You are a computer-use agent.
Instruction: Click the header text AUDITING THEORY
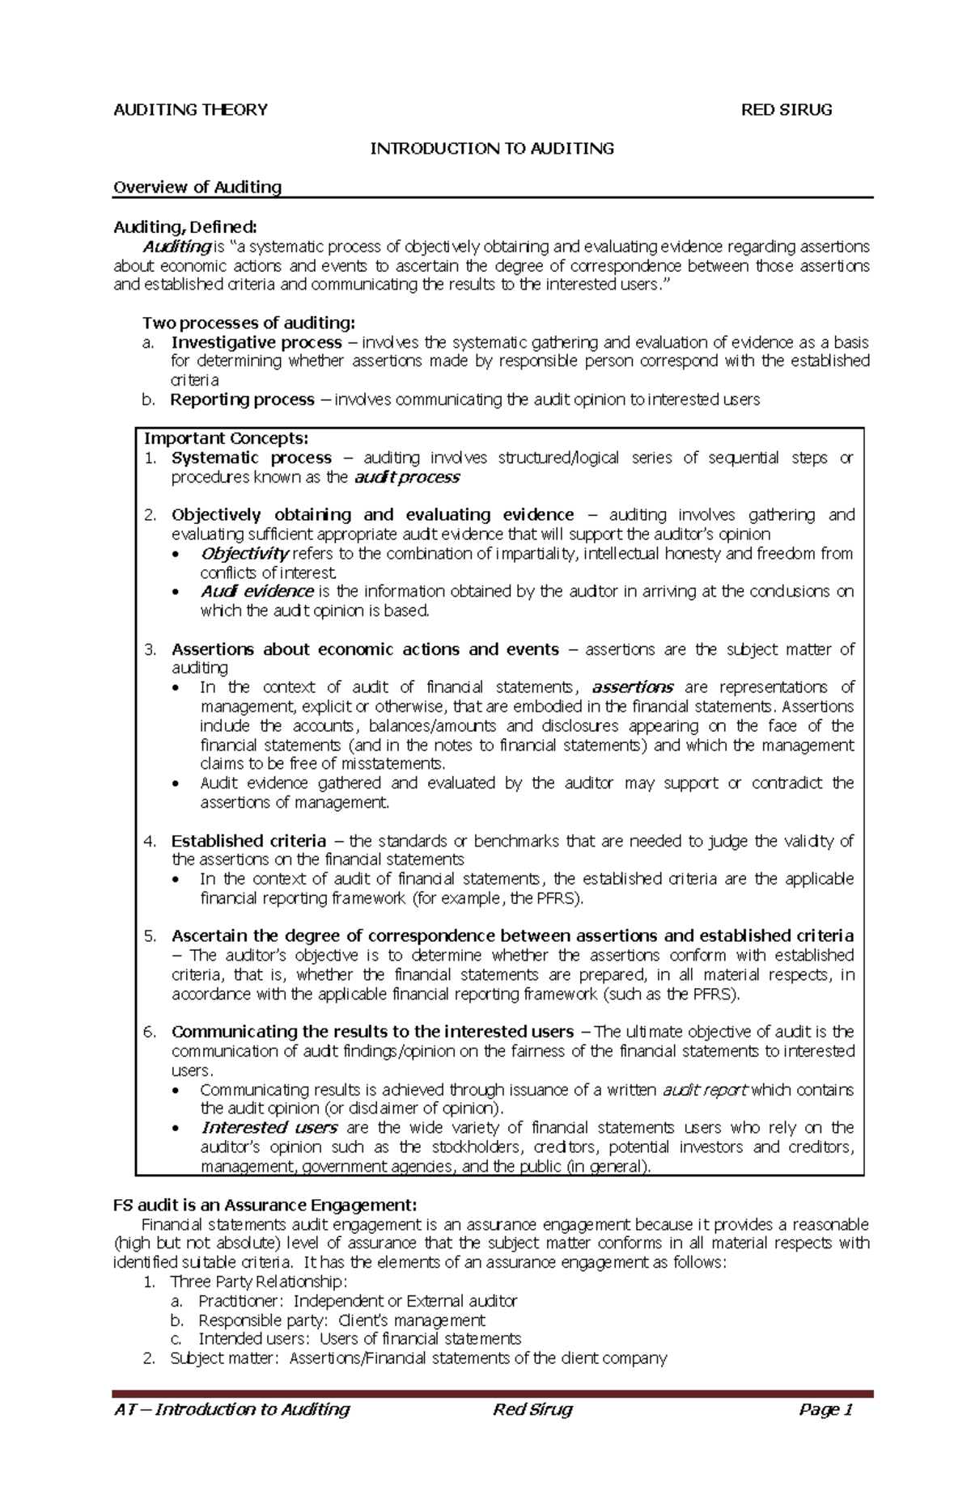[190, 110]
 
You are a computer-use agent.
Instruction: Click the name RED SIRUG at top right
[787, 110]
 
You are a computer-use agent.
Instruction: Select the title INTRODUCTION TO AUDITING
[492, 149]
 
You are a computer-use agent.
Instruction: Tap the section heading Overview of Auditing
[197, 188]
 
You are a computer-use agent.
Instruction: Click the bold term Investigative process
[257, 343]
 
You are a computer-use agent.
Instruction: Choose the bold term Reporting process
[242, 399]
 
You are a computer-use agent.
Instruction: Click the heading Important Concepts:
[226, 439]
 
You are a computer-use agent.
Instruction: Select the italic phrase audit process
[407, 478]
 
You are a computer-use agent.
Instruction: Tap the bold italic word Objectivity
[244, 554]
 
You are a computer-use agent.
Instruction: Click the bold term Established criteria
[248, 841]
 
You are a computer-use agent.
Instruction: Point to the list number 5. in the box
[150, 936]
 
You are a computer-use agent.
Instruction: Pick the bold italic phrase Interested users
[269, 1128]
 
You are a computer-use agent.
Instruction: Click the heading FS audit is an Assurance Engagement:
[265, 1206]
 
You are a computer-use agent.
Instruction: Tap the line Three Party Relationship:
[258, 1282]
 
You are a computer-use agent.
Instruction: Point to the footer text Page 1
[825, 1410]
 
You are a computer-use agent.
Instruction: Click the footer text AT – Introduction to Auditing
[231, 1410]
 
